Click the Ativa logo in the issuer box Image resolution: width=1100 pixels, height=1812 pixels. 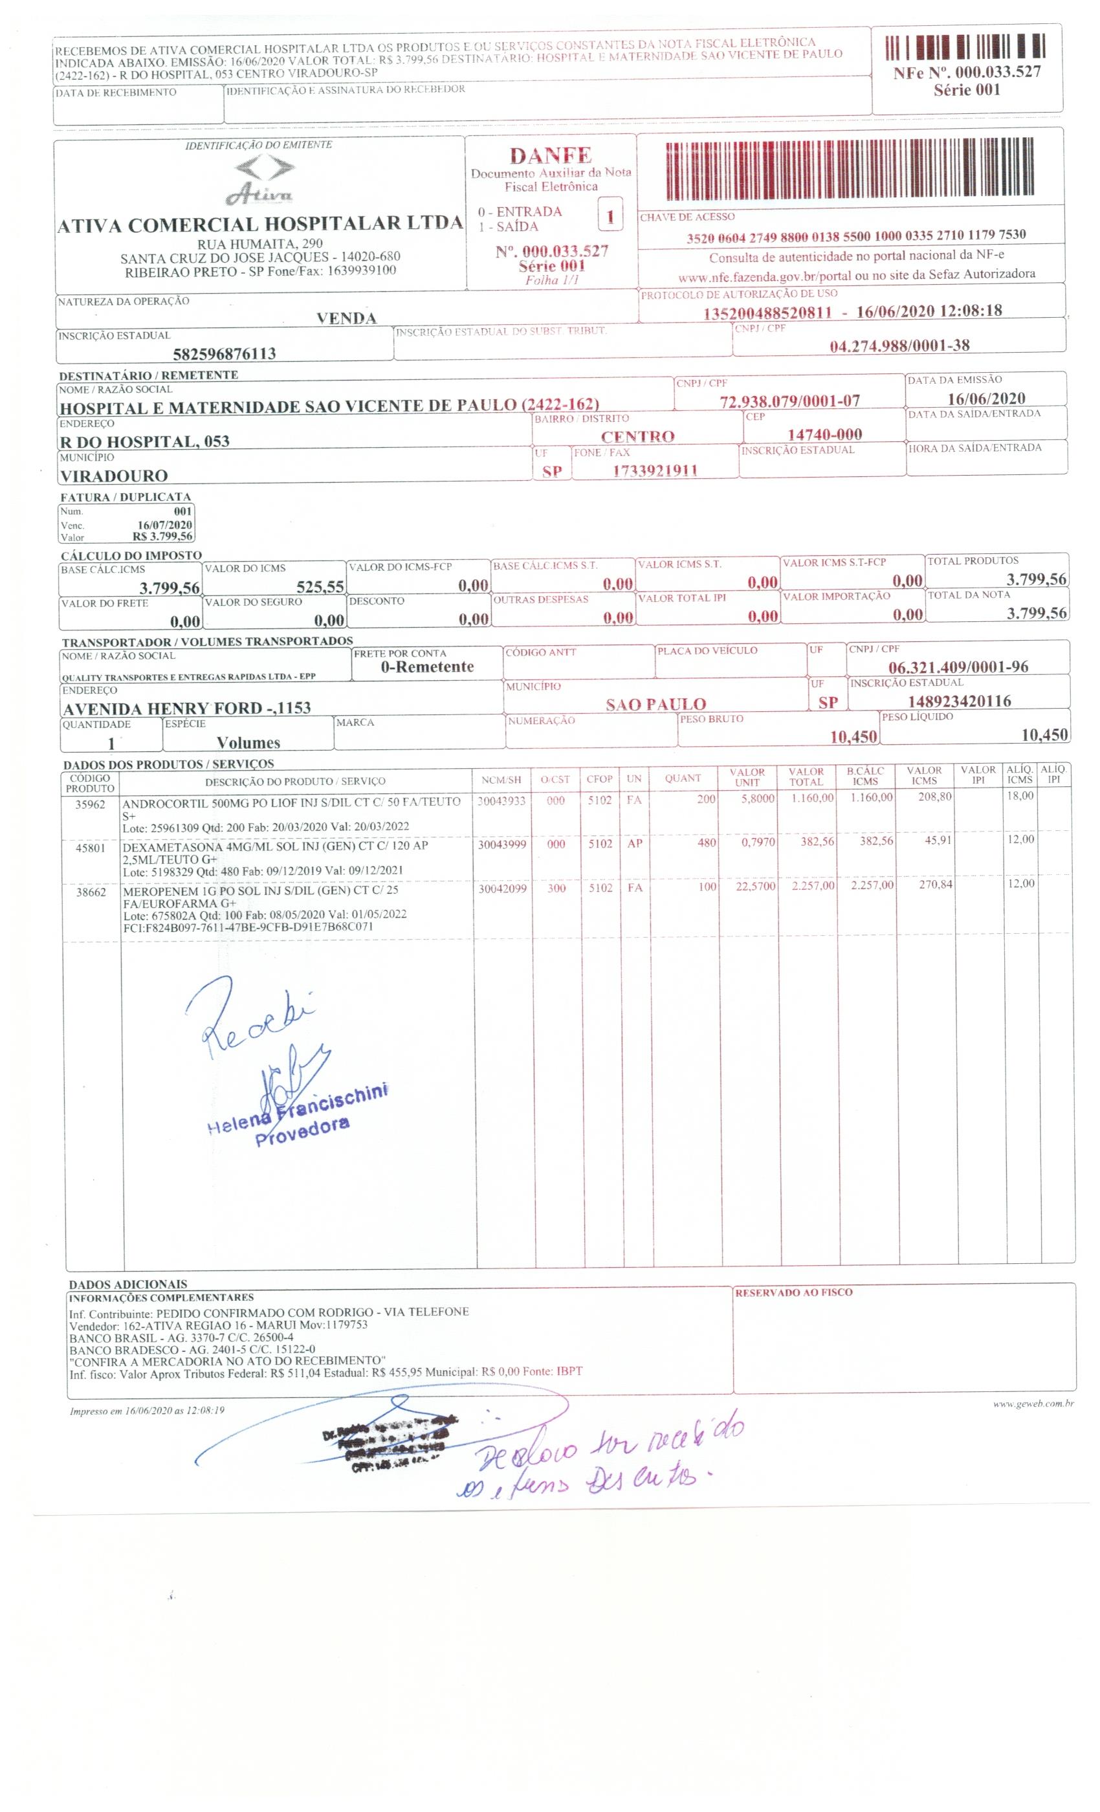click(x=262, y=180)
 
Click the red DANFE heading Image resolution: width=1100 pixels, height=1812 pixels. click(x=550, y=155)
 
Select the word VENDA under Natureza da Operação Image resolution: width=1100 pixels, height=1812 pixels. click(x=346, y=318)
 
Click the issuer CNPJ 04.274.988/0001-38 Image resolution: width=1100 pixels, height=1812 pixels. click(x=898, y=346)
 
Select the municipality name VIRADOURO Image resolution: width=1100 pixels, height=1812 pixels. click(x=113, y=475)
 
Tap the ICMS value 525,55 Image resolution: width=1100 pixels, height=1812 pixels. click(x=320, y=587)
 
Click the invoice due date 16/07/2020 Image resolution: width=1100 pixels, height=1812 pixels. click(x=165, y=524)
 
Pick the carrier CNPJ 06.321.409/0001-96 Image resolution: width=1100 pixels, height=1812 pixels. click(x=958, y=667)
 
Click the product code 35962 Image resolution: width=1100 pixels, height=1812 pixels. click(x=91, y=804)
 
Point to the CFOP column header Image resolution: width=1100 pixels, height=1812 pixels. click(x=599, y=780)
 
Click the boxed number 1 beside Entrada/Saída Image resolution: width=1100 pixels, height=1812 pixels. click(x=610, y=217)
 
